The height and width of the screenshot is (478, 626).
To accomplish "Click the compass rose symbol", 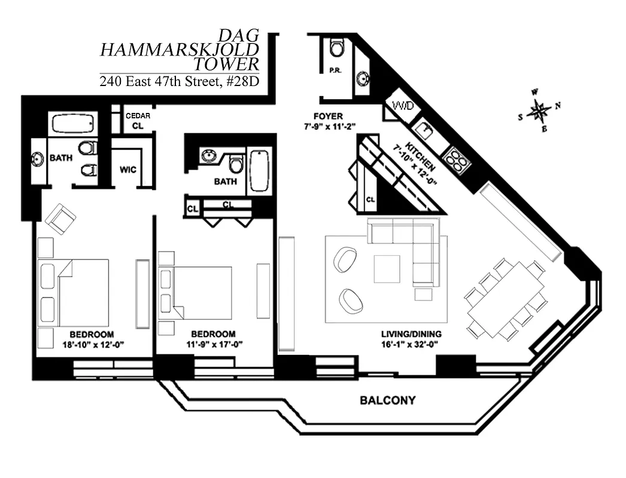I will [x=540, y=111].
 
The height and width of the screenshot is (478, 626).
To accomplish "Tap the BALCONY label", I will [x=387, y=400].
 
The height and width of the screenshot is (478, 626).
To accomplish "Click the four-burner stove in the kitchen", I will [x=457, y=159].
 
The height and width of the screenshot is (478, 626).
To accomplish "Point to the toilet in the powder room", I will [x=338, y=47].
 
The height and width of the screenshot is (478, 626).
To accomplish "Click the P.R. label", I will [x=335, y=71].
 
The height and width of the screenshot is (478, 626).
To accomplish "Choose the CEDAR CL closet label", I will [x=137, y=121].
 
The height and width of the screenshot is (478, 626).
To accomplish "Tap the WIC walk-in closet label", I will [x=127, y=170].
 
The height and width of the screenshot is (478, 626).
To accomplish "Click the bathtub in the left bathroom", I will [x=74, y=124].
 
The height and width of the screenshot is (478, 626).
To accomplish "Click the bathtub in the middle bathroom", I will [x=259, y=170].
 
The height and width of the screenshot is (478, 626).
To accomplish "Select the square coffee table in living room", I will [x=387, y=269].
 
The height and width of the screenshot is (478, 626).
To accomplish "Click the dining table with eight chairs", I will [x=506, y=299].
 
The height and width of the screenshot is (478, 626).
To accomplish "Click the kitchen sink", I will [x=426, y=130].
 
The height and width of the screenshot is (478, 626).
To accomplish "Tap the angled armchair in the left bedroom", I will [x=60, y=219].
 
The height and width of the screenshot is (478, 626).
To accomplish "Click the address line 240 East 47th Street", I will [x=179, y=82].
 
